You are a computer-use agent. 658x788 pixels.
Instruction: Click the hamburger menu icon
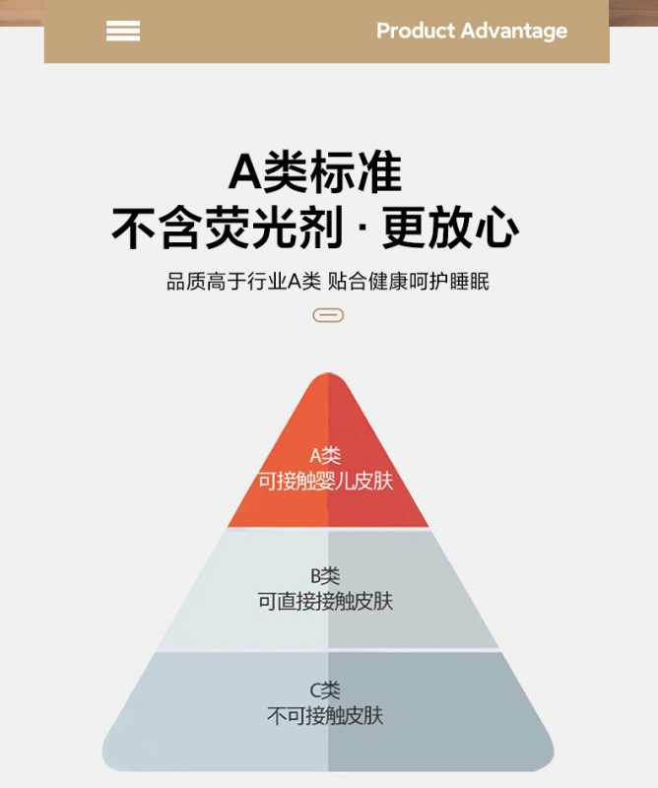pyautogui.click(x=123, y=31)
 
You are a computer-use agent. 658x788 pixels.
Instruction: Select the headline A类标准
pyautogui.click(x=315, y=172)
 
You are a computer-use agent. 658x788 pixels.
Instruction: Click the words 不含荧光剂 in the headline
pyautogui.click(x=228, y=229)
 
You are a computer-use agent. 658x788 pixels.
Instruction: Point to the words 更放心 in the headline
pyautogui.click(x=450, y=229)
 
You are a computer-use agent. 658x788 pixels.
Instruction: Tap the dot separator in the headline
pyautogui.click(x=362, y=230)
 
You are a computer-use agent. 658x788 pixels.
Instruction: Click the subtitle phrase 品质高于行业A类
pyautogui.click(x=243, y=282)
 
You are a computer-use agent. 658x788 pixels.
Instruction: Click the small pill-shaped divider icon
pyautogui.click(x=328, y=315)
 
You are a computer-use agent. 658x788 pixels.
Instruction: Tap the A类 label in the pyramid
pyautogui.click(x=325, y=455)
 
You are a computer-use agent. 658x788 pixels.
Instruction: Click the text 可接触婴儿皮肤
pyautogui.click(x=326, y=482)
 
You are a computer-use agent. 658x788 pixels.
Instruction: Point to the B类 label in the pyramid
pyautogui.click(x=325, y=575)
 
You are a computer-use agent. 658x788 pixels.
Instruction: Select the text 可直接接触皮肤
pyautogui.click(x=326, y=601)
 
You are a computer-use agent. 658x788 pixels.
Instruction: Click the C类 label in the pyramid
pyautogui.click(x=325, y=690)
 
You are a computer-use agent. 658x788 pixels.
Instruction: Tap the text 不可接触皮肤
pyautogui.click(x=326, y=716)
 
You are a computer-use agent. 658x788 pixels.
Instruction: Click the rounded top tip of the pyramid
pyautogui.click(x=328, y=381)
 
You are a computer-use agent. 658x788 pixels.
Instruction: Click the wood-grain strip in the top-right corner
pyautogui.click(x=633, y=12)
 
